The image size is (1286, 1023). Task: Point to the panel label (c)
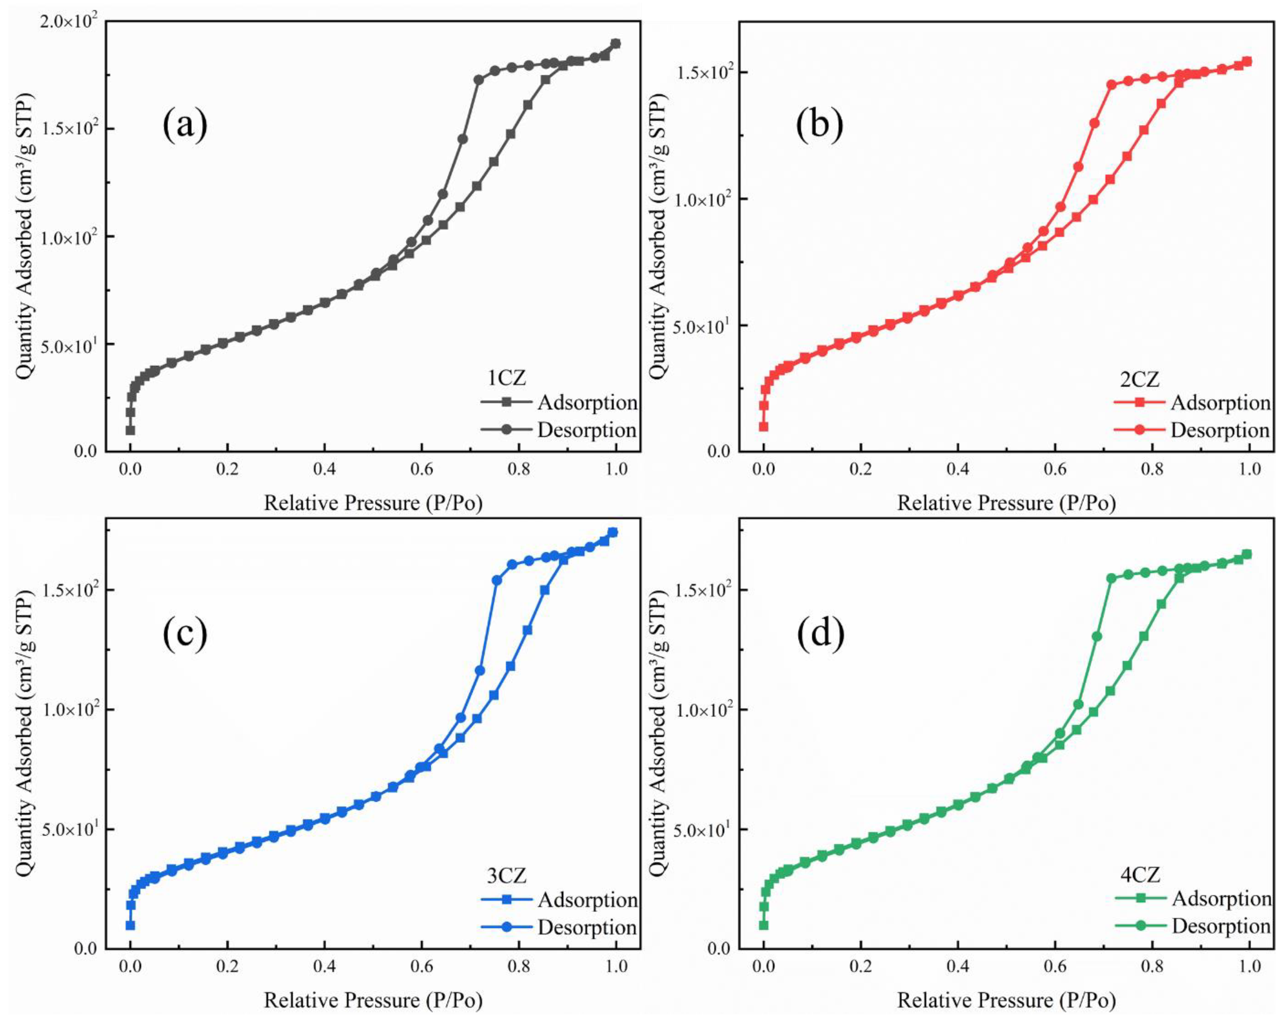[185, 634]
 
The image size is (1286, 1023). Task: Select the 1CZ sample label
[507, 378]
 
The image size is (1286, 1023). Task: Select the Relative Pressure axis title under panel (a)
[373, 503]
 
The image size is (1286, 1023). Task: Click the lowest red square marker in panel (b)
[763, 427]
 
